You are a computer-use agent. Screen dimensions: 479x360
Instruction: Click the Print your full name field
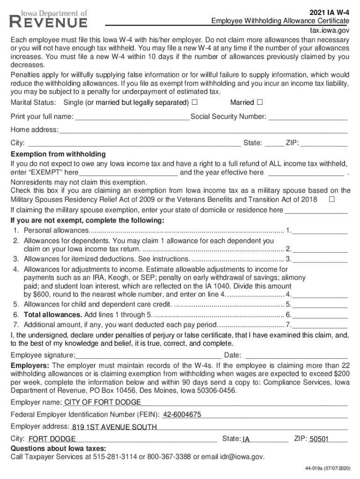tap(132, 116)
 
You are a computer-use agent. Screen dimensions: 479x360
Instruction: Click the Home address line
tap(203, 130)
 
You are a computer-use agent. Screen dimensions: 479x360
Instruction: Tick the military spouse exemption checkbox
tap(331, 200)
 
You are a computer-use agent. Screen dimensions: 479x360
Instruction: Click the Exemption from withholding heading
tap(58, 154)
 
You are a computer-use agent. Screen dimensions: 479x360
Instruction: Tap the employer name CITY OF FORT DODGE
tap(102, 402)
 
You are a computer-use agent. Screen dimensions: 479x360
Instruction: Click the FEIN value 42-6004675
tap(182, 414)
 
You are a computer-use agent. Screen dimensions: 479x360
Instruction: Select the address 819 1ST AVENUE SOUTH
tap(114, 427)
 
